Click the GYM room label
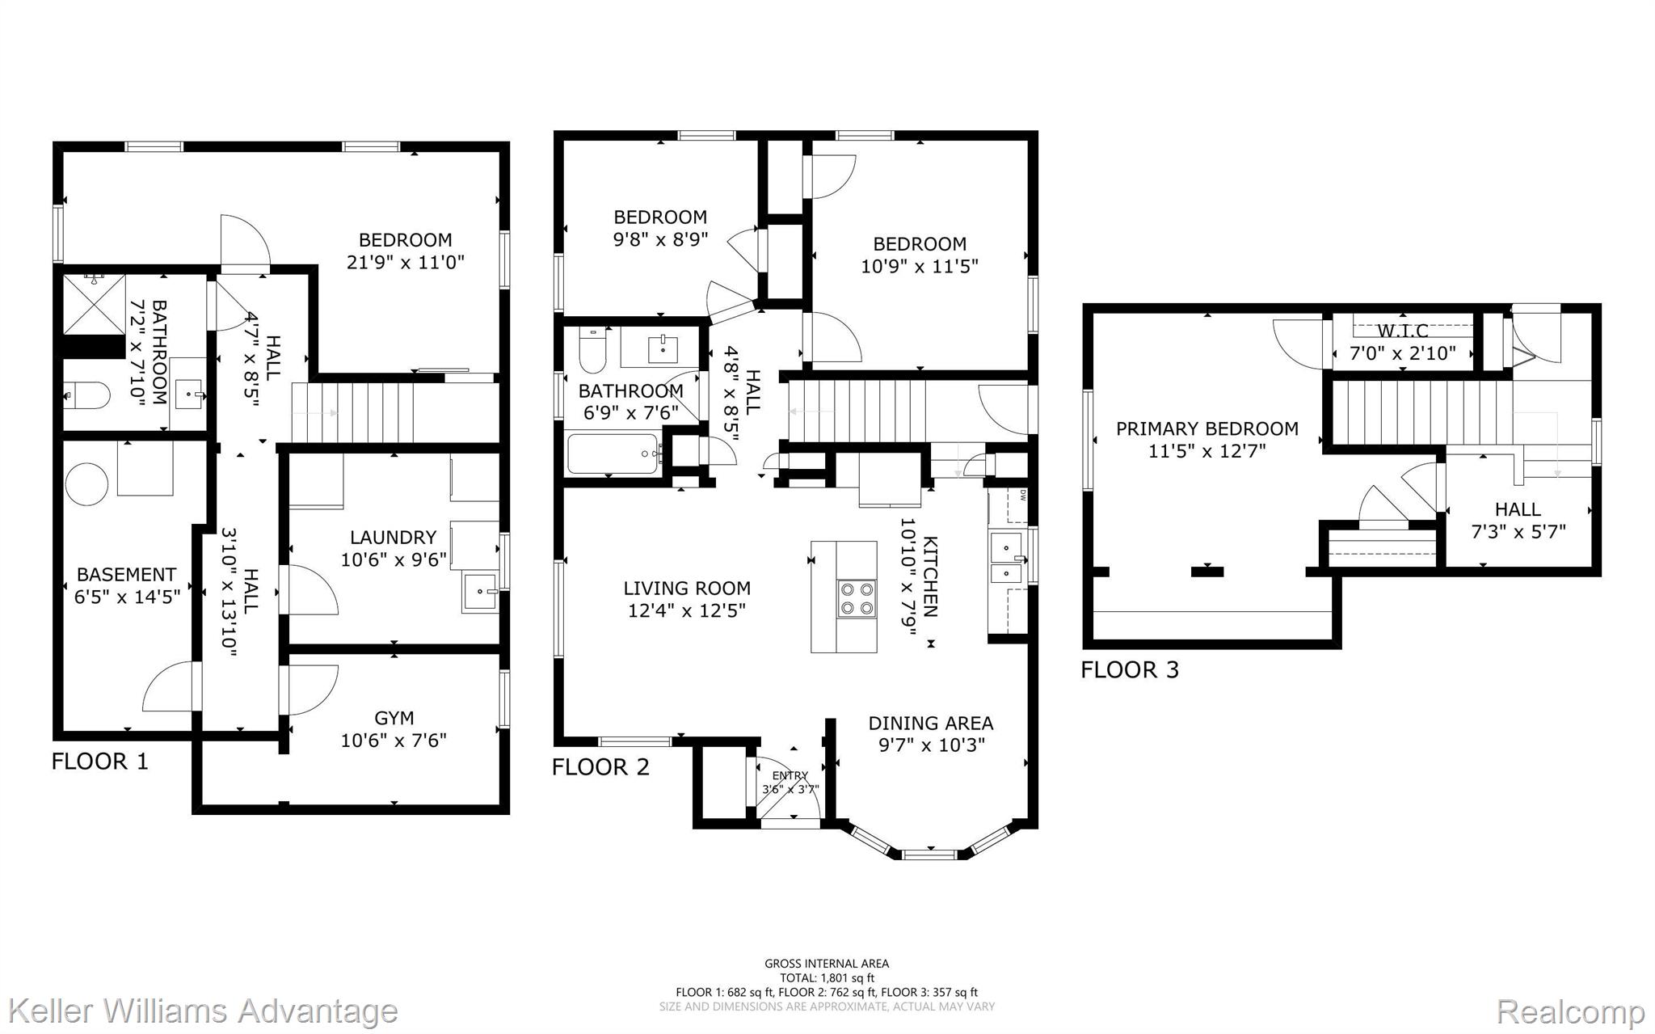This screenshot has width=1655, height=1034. [x=394, y=718]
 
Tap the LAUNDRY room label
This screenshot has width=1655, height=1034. [x=393, y=538]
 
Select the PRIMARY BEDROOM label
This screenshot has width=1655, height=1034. [x=1207, y=428]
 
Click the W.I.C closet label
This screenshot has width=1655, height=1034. [x=1403, y=331]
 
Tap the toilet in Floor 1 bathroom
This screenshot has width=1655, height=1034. [x=86, y=396]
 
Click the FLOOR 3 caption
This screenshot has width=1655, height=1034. [x=1130, y=670]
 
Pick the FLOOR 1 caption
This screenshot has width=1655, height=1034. [x=100, y=762]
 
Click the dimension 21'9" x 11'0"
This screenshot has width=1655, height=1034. [x=406, y=263]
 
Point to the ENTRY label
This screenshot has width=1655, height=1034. [x=790, y=776]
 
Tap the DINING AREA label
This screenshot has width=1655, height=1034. [x=931, y=724]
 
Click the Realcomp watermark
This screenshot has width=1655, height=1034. [x=1571, y=1011]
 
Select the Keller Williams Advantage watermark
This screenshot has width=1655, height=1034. [x=204, y=1011]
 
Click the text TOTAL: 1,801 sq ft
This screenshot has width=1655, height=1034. [x=827, y=978]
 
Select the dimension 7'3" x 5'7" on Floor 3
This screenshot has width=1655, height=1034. [x=1518, y=532]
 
